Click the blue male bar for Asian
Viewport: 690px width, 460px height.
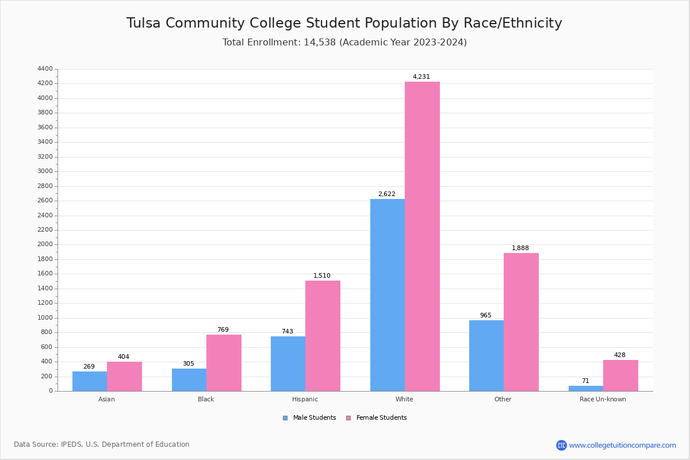[x=90, y=381]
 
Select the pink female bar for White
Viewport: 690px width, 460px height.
[x=422, y=236]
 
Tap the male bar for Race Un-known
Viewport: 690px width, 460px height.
[x=586, y=389]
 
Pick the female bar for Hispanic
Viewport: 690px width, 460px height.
[x=323, y=336]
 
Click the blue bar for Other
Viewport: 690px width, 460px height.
[x=486, y=355]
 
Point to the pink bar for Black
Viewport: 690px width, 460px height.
[x=224, y=363]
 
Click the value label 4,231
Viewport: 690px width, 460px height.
[x=421, y=76]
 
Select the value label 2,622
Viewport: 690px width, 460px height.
[x=386, y=194]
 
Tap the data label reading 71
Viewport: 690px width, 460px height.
[x=585, y=381]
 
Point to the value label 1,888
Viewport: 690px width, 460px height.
[x=520, y=248]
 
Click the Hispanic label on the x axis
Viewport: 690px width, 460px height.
[x=305, y=399]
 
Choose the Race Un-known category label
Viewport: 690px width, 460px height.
[x=603, y=399]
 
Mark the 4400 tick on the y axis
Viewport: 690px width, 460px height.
[x=45, y=69]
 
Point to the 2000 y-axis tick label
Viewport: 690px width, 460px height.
[x=45, y=244]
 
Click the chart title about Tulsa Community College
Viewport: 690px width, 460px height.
[x=344, y=23]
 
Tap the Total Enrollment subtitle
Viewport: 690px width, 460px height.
[x=344, y=42]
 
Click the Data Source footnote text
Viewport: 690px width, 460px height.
[x=102, y=444]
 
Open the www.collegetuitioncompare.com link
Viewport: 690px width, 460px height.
[x=622, y=445]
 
